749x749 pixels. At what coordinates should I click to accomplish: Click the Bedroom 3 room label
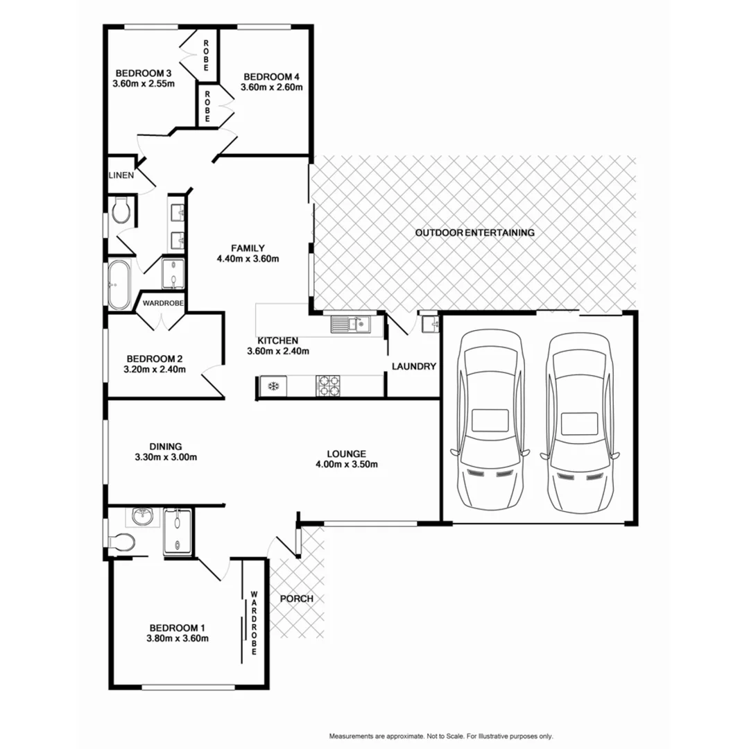[144, 74]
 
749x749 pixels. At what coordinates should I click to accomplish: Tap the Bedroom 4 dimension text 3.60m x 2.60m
[271, 87]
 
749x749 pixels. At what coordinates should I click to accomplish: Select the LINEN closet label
[121, 175]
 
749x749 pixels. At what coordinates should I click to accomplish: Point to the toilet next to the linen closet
[121, 209]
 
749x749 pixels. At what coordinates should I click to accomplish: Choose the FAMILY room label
[248, 248]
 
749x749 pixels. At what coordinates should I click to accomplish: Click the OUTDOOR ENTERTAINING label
[474, 233]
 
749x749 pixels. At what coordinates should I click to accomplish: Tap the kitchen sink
[350, 323]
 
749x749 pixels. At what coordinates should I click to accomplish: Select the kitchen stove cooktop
[328, 385]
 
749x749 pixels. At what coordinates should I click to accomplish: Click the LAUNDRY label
[413, 367]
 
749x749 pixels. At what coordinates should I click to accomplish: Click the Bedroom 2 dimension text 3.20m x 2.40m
[155, 370]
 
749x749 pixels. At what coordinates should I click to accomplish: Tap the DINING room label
[165, 446]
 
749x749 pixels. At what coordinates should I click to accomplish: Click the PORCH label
[297, 599]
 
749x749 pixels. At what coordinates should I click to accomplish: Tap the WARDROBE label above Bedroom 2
[163, 303]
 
